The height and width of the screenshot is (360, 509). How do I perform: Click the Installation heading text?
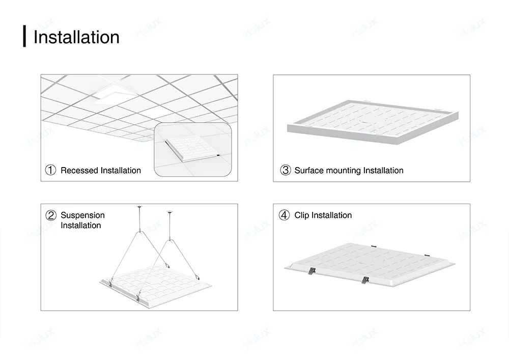click(x=76, y=37)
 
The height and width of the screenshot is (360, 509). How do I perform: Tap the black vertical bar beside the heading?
click(x=24, y=36)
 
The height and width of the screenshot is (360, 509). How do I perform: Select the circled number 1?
click(x=50, y=171)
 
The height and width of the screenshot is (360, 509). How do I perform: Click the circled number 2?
click(x=50, y=215)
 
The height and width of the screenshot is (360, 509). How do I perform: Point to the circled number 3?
click(x=285, y=171)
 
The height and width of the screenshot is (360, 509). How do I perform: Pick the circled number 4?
click(x=285, y=215)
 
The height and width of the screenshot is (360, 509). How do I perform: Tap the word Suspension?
click(x=82, y=215)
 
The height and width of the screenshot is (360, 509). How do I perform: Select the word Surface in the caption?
click(x=309, y=171)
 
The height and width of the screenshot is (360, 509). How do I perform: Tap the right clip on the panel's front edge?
click(x=365, y=280)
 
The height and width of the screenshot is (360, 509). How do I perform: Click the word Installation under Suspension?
click(x=81, y=226)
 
